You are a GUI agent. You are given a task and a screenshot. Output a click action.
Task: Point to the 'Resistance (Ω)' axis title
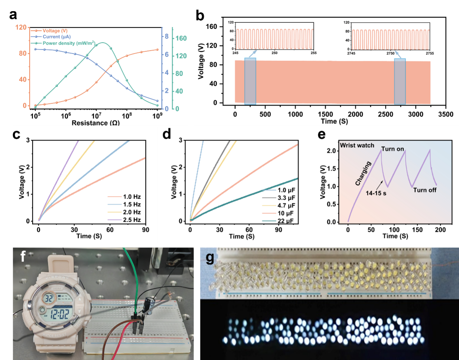click(x=95, y=123)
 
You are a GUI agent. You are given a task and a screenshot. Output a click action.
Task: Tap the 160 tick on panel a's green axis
click(x=181, y=38)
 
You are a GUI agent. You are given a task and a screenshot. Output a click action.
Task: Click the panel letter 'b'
click(x=200, y=16)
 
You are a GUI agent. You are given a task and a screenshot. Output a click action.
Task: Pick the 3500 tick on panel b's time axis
click(x=446, y=114)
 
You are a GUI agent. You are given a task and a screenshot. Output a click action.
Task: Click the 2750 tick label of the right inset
click(x=390, y=54)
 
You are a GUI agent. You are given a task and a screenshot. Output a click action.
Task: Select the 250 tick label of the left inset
click(x=275, y=53)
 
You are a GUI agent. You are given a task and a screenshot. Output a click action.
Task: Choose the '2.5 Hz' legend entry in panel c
click(x=132, y=220)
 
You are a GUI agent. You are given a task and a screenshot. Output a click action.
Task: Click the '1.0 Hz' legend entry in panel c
click(x=132, y=197)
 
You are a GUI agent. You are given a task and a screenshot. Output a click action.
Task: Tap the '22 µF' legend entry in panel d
click(x=285, y=221)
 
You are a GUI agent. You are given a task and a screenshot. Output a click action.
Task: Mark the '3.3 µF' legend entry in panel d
click(x=286, y=198)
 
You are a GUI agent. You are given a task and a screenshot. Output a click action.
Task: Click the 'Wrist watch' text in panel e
click(x=357, y=145)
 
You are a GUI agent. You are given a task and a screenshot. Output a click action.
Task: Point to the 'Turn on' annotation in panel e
click(x=392, y=149)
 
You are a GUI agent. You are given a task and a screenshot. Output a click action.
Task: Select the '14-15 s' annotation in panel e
click(x=376, y=193)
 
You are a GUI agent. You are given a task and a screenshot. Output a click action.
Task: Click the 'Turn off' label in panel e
click(x=425, y=190)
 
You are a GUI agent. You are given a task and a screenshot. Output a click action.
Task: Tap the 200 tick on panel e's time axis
click(x=440, y=230)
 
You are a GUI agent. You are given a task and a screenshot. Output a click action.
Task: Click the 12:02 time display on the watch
click(x=59, y=313)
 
